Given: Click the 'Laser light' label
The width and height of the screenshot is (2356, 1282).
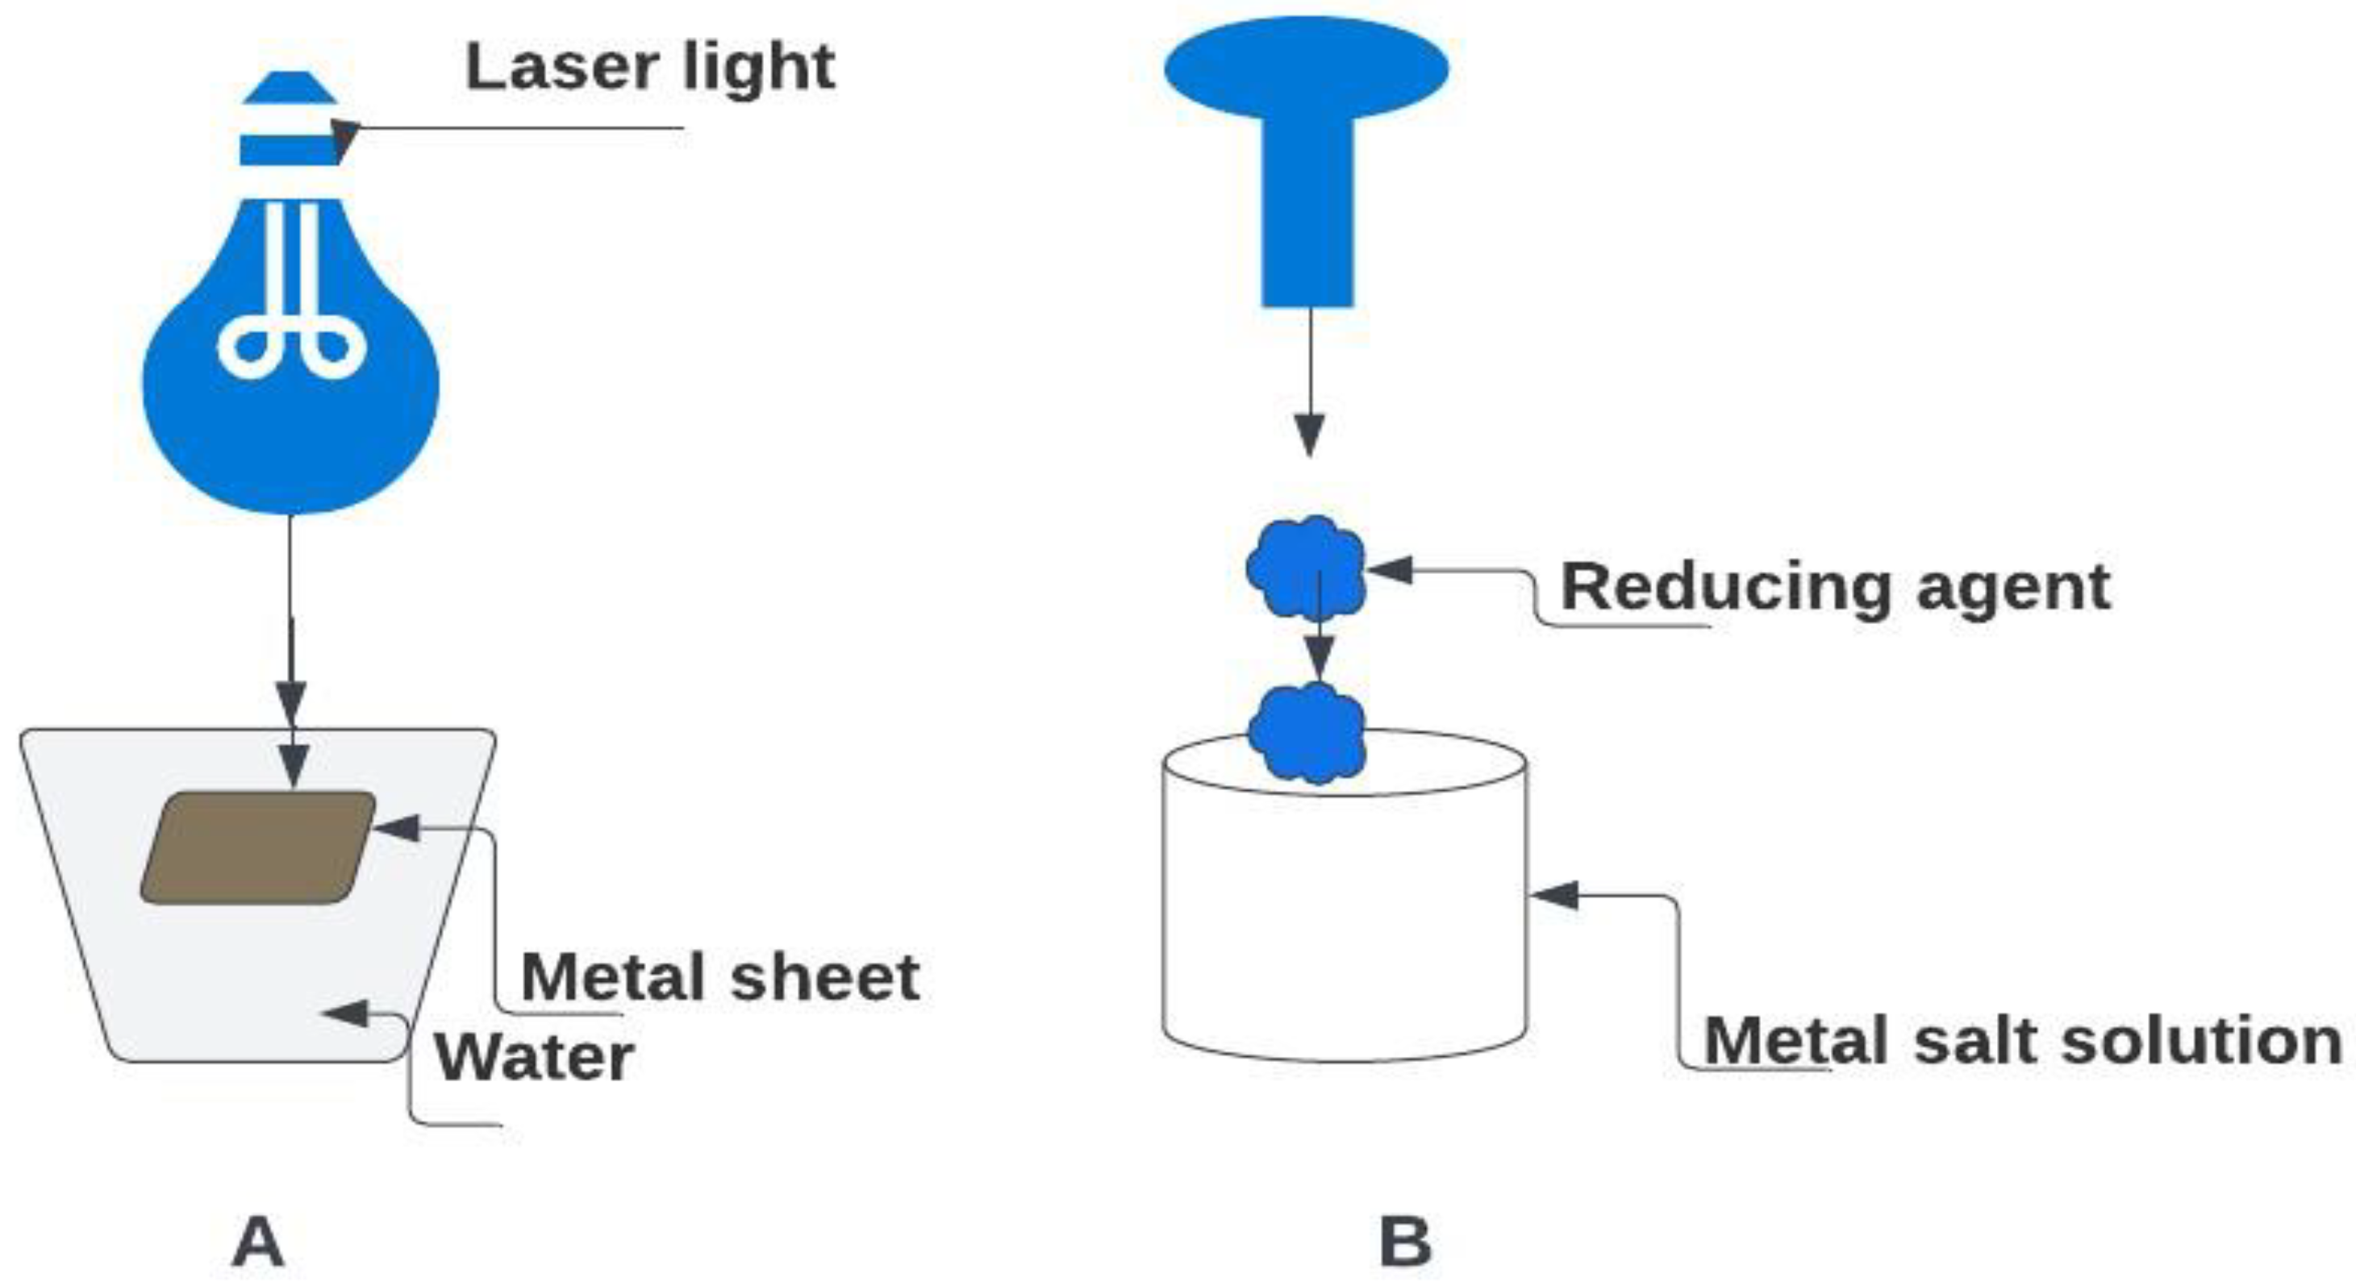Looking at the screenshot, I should (649, 68).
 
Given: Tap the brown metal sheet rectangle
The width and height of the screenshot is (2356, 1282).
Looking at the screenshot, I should (258, 847).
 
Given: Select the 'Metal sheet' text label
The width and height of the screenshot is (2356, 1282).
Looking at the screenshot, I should (719, 977).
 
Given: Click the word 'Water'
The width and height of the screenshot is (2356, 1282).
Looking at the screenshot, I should (534, 1058).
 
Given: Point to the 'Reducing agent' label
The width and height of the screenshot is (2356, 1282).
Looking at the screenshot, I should (1836, 587).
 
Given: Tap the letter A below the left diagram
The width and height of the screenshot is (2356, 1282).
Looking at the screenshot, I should (258, 1242).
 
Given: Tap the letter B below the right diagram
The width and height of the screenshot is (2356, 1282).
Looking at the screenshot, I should (1405, 1242).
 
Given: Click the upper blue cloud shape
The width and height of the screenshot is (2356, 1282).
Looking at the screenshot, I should (1306, 567).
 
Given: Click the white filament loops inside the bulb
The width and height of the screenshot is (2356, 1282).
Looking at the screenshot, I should (292, 348).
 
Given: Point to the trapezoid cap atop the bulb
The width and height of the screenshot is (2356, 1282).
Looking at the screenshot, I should (290, 88).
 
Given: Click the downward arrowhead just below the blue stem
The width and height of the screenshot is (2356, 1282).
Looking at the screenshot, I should (1310, 435).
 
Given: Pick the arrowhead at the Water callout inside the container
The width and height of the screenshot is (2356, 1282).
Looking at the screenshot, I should (344, 1014).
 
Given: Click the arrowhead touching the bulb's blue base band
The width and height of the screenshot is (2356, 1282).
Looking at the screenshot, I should (344, 137).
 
